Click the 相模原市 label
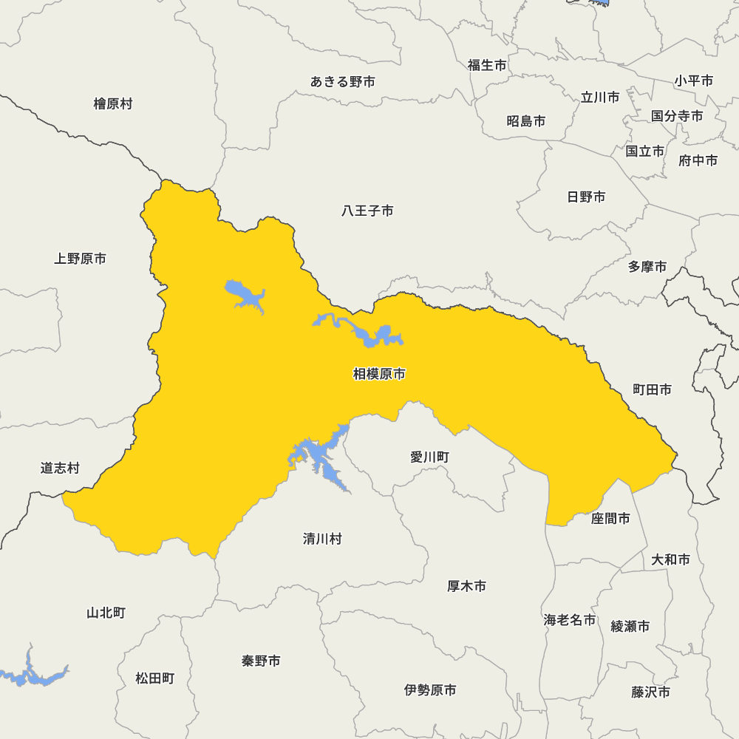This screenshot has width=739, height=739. [379, 375]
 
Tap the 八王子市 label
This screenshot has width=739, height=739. [367, 211]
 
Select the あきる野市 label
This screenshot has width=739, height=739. [342, 82]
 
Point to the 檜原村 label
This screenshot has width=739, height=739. [113, 104]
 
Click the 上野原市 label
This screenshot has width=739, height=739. [80, 259]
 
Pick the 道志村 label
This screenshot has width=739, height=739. [60, 469]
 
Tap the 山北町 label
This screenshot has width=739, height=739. [106, 613]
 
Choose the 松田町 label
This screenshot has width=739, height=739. [155, 678]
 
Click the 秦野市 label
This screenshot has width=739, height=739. [261, 661]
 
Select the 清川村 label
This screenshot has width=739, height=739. [322, 539]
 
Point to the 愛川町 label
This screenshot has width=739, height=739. [429, 457]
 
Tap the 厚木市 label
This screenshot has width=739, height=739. [466, 587]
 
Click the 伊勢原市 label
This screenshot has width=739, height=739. [430, 690]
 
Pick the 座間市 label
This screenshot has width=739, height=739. [610, 519]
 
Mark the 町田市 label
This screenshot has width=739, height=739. [653, 389]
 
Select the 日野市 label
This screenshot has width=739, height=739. [586, 197]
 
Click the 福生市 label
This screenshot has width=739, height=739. [487, 66]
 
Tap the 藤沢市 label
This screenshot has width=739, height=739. [650, 692]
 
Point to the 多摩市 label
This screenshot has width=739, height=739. [647, 267]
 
